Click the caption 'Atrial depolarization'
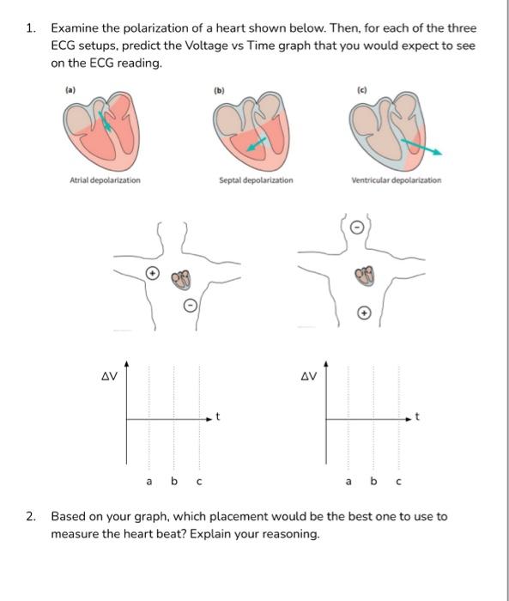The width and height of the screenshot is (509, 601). click(x=106, y=180)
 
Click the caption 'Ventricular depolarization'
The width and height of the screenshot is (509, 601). click(x=396, y=180)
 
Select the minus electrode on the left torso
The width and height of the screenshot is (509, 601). click(x=191, y=306)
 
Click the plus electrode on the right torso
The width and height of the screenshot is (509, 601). click(x=364, y=314)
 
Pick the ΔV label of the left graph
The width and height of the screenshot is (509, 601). click(x=110, y=375)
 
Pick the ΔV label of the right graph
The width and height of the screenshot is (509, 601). click(x=308, y=375)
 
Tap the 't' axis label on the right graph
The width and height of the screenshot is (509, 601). click(x=418, y=418)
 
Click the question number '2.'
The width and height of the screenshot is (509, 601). click(x=31, y=517)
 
